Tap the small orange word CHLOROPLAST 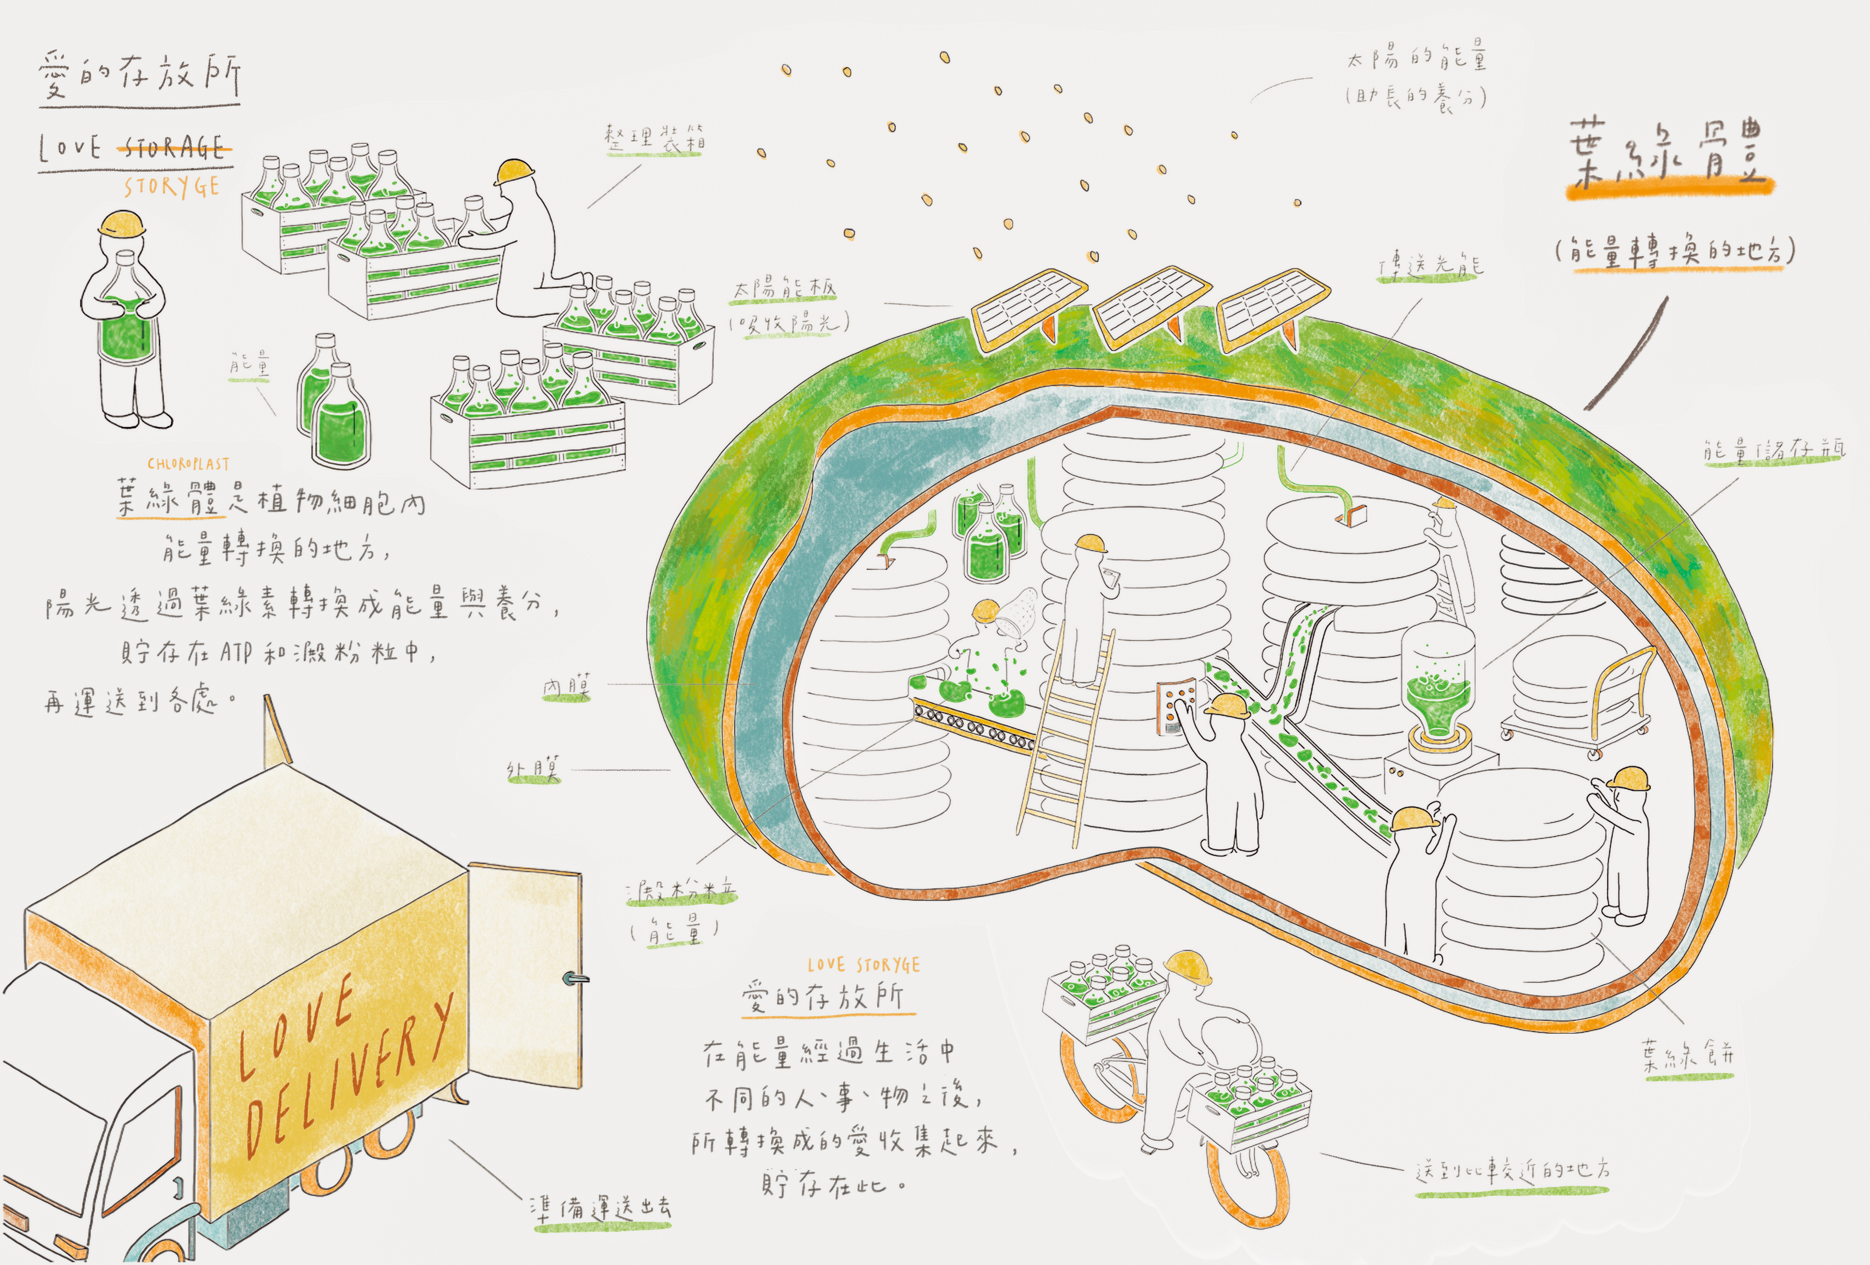point(188,464)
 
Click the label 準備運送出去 point(600,1209)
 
